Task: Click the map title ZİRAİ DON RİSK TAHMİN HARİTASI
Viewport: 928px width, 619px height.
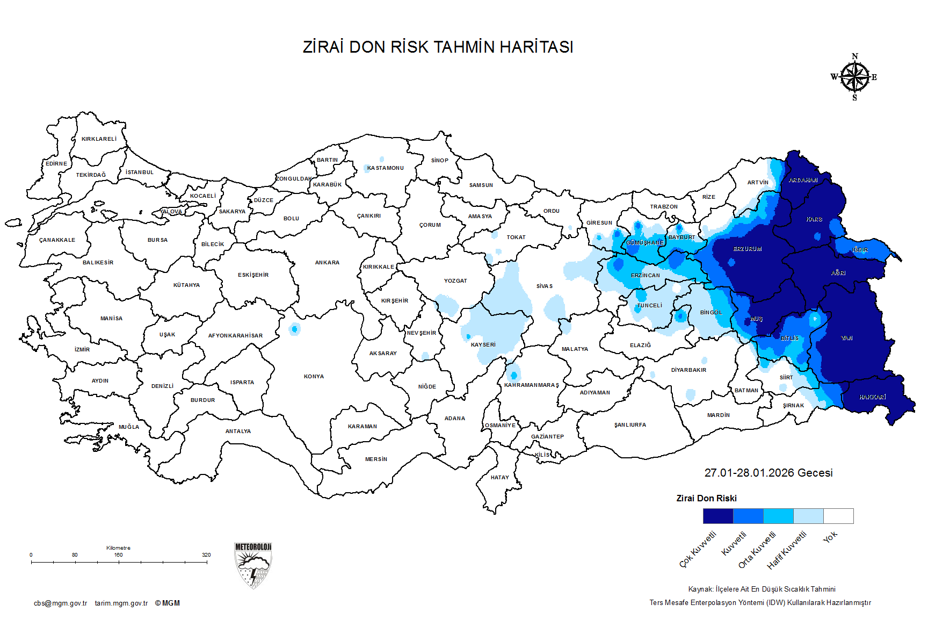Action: (438, 47)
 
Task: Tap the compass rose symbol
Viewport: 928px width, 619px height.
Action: (854, 77)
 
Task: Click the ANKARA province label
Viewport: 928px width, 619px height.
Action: (327, 263)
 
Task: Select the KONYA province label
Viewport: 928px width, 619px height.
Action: (314, 377)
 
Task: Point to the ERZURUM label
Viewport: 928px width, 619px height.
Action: (748, 249)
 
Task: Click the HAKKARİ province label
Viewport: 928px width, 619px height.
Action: (872, 397)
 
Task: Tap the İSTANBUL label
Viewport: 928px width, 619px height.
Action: (140, 172)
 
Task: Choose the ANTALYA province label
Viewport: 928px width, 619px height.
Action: (238, 431)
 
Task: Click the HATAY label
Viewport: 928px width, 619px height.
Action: (499, 478)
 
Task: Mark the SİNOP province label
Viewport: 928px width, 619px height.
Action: (439, 161)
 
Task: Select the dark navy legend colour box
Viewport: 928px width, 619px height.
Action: (717, 516)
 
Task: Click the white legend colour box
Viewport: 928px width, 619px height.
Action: (838, 516)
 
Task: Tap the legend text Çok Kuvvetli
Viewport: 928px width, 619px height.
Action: (698, 549)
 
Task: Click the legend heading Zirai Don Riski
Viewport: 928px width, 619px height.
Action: (706, 499)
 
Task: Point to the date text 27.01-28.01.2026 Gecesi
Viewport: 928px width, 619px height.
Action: (768, 473)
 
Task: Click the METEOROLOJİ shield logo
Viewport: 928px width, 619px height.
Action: (253, 565)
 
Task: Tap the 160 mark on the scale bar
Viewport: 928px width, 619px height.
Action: (118, 555)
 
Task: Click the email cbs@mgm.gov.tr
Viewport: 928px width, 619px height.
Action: (60, 603)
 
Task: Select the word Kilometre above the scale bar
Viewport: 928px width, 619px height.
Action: (118, 548)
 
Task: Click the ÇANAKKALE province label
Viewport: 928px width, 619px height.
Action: (57, 240)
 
